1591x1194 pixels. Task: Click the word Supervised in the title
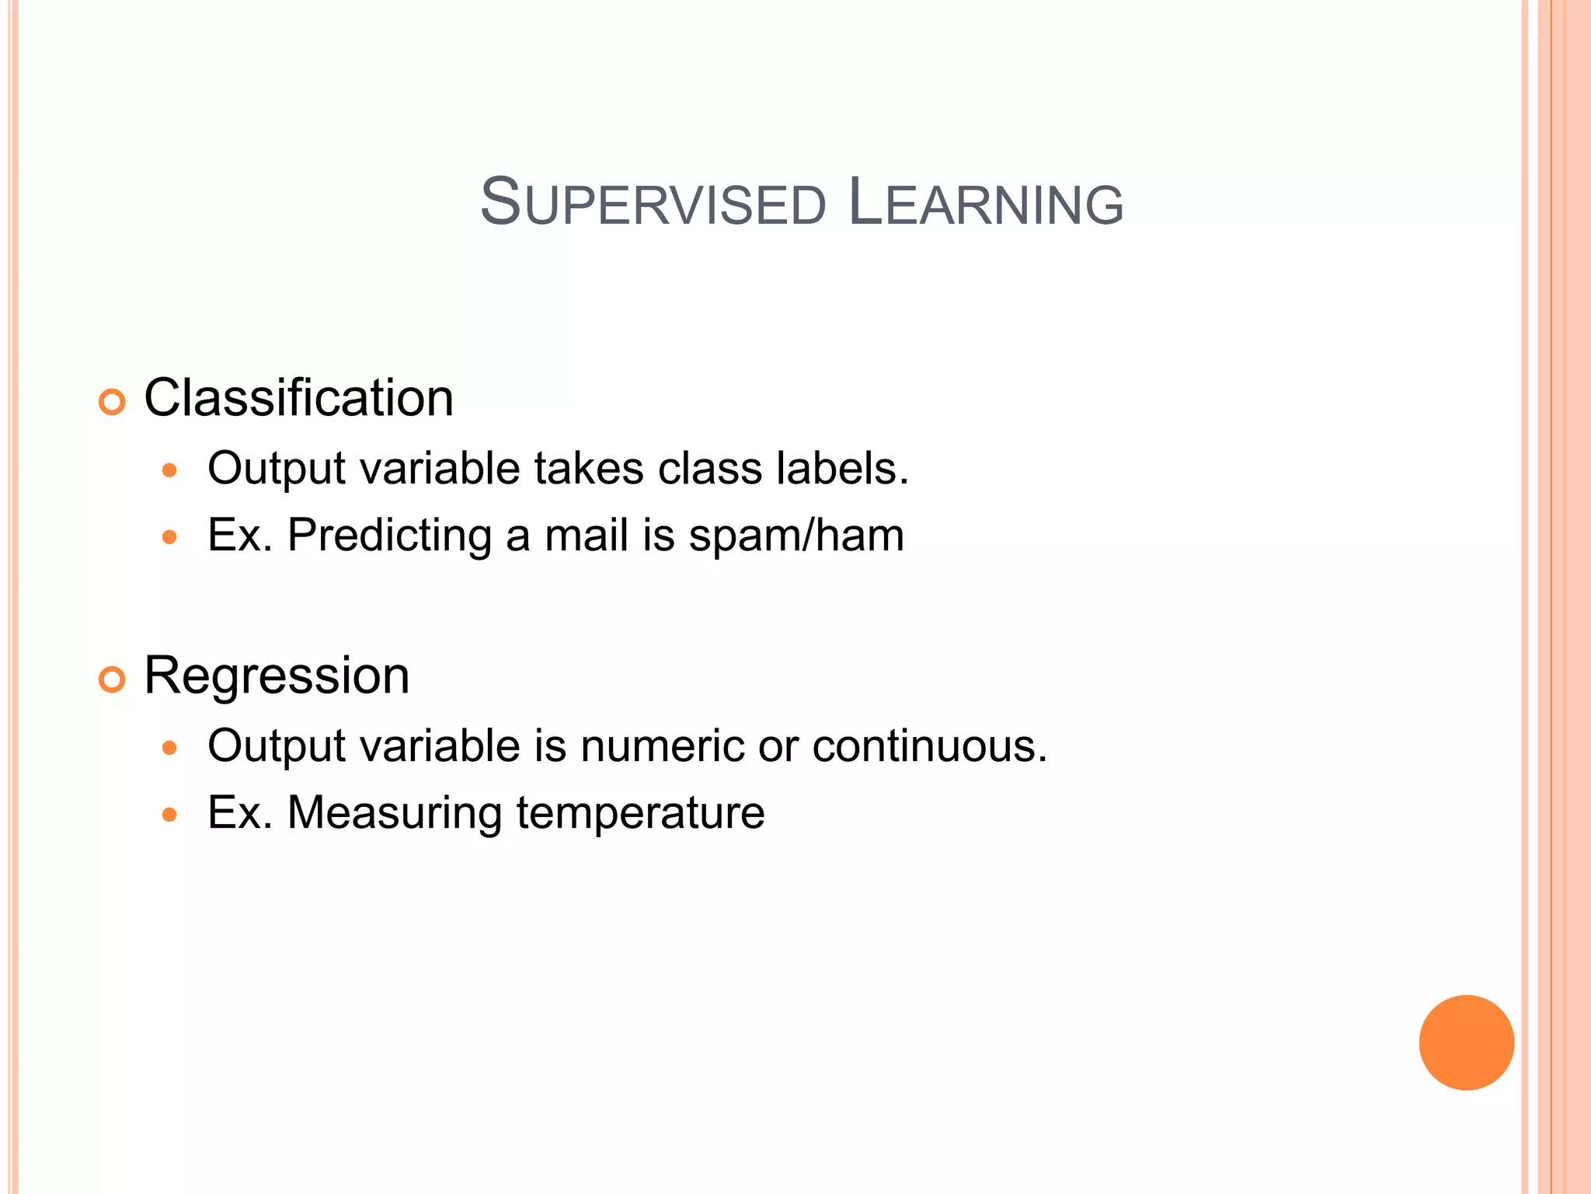tap(653, 203)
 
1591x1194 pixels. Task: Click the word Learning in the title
tap(985, 203)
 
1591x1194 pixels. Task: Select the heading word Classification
tap(298, 398)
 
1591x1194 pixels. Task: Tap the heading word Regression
tap(277, 675)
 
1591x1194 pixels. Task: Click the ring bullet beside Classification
tap(112, 402)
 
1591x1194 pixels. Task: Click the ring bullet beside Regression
tap(112, 679)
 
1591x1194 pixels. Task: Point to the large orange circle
tap(1466, 1042)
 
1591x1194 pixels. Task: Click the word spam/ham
tap(796, 536)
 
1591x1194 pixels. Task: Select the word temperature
tap(640, 813)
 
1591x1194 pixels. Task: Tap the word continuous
tap(930, 746)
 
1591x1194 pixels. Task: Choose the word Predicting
tap(389, 536)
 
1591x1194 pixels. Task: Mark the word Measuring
tap(395, 813)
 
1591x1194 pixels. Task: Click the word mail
tap(587, 536)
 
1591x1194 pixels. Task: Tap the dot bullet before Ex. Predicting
tap(170, 536)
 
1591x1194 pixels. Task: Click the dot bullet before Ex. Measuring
tap(170, 815)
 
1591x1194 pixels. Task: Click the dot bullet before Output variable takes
tap(170, 470)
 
